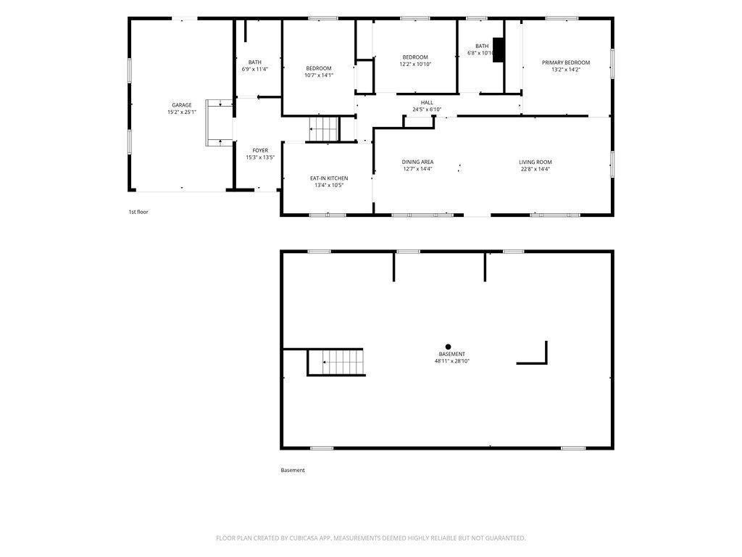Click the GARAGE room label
pyautogui.click(x=182, y=105)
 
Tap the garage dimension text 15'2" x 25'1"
pyautogui.click(x=182, y=112)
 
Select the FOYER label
pyautogui.click(x=260, y=151)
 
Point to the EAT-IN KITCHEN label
pyautogui.click(x=329, y=178)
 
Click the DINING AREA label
pyautogui.click(x=417, y=162)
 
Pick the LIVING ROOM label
pyautogui.click(x=535, y=162)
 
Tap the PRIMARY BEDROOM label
pyautogui.click(x=566, y=62)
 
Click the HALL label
pyautogui.click(x=427, y=102)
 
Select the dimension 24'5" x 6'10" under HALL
pyautogui.click(x=427, y=110)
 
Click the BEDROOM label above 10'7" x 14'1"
pyautogui.click(x=319, y=68)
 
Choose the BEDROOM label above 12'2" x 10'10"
pyautogui.click(x=415, y=57)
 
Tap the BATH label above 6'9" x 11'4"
pyautogui.click(x=254, y=62)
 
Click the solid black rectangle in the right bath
pyautogui.click(x=499, y=50)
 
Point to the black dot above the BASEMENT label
pyautogui.click(x=448, y=347)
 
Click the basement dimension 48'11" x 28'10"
pyautogui.click(x=452, y=361)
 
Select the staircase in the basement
pyautogui.click(x=336, y=363)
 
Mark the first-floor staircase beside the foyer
pyautogui.click(x=324, y=129)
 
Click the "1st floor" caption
pyautogui.click(x=138, y=212)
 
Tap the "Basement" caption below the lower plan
pyautogui.click(x=293, y=470)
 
